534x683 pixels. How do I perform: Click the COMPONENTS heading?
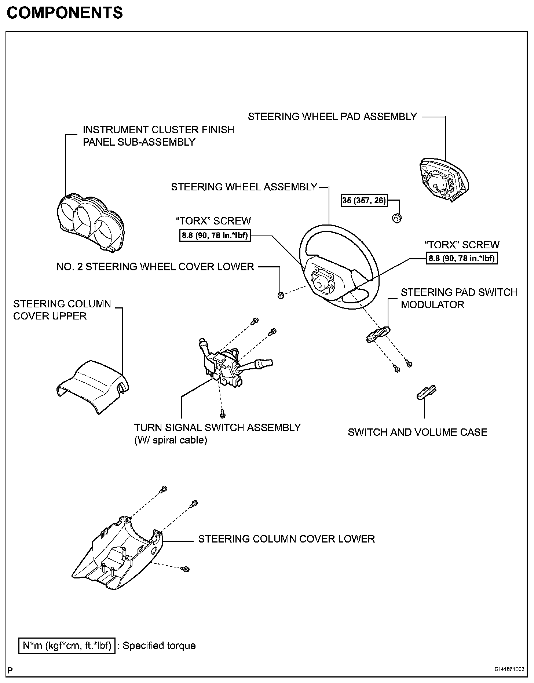tap(65, 13)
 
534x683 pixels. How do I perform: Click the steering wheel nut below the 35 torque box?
tap(396, 218)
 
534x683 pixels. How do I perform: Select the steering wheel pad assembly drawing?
tap(445, 180)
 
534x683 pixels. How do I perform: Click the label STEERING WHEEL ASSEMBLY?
tap(244, 187)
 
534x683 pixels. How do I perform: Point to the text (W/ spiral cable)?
tap(171, 440)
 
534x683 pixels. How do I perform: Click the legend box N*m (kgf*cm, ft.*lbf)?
tap(67, 646)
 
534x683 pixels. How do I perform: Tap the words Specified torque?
tap(159, 646)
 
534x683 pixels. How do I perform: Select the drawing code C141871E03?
tap(509, 669)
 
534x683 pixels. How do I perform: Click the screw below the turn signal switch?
tap(222, 413)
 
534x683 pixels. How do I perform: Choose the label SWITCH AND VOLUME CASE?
tap(417, 432)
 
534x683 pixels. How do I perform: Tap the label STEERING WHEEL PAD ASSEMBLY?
tap(332, 117)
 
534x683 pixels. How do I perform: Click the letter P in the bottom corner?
tap(10, 670)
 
